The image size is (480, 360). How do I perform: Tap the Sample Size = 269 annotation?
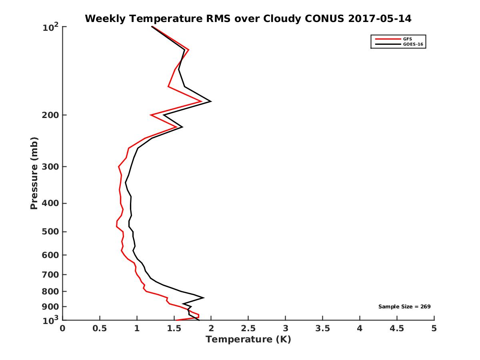tap(404, 307)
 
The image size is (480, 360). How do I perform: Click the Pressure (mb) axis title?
tap(34, 173)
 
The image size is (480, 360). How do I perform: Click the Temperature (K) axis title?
tap(248, 340)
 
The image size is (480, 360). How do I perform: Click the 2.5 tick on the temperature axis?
tap(248, 328)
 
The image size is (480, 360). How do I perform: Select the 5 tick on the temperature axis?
tap(434, 328)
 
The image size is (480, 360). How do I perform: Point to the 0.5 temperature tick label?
tap(100, 328)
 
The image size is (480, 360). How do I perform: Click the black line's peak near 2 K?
tap(211, 102)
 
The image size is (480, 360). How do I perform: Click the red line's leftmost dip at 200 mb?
tap(151, 115)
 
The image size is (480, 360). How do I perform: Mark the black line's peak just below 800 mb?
tap(204, 298)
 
